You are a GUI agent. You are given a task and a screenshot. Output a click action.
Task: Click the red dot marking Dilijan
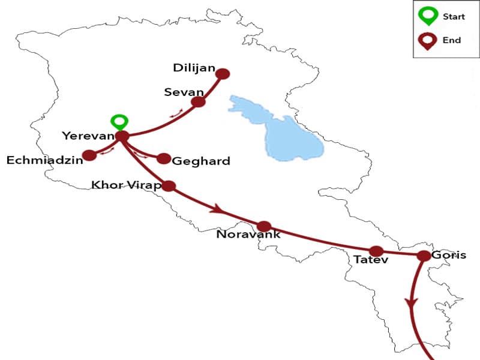tap(223, 74)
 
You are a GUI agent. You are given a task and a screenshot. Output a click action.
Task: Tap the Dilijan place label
tap(193, 68)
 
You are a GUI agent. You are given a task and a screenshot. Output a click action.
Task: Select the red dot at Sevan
tap(198, 102)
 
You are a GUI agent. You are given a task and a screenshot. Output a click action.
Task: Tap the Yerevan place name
tap(88, 136)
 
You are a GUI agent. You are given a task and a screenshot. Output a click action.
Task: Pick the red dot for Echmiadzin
tap(89, 156)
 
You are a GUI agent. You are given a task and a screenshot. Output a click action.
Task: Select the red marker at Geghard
tap(163, 158)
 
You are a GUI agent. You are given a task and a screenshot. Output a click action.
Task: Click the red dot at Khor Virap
tap(169, 186)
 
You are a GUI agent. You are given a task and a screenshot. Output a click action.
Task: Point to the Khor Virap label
tap(126, 185)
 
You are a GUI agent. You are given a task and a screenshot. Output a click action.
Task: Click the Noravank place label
tap(248, 235)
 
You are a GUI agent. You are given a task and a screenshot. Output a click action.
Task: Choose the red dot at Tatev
tap(376, 251)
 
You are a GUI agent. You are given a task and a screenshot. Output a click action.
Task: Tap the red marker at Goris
tap(423, 256)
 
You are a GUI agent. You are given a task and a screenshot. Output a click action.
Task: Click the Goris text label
tap(448, 255)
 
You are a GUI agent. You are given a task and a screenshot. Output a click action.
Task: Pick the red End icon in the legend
tap(428, 41)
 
